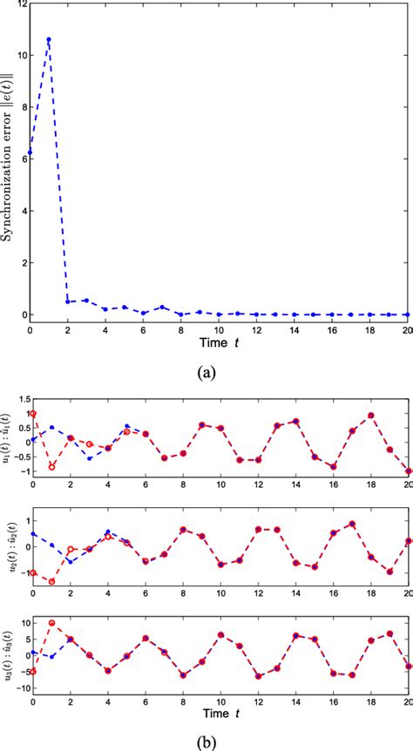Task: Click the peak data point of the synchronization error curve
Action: click(x=48, y=39)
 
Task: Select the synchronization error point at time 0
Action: click(x=30, y=152)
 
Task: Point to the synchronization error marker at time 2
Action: click(x=67, y=301)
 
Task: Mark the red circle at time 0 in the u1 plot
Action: click(x=32, y=414)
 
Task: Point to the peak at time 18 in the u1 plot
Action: click(x=371, y=415)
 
